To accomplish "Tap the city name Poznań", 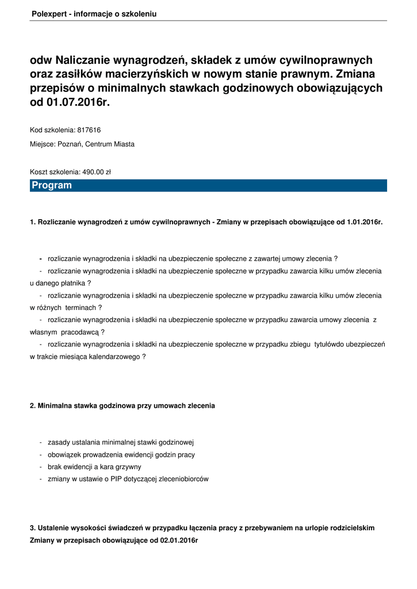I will pos(70,144).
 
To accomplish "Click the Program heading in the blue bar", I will pos(52,185).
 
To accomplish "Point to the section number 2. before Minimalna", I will pos(33,406).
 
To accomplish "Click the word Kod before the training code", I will pos(36,130).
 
